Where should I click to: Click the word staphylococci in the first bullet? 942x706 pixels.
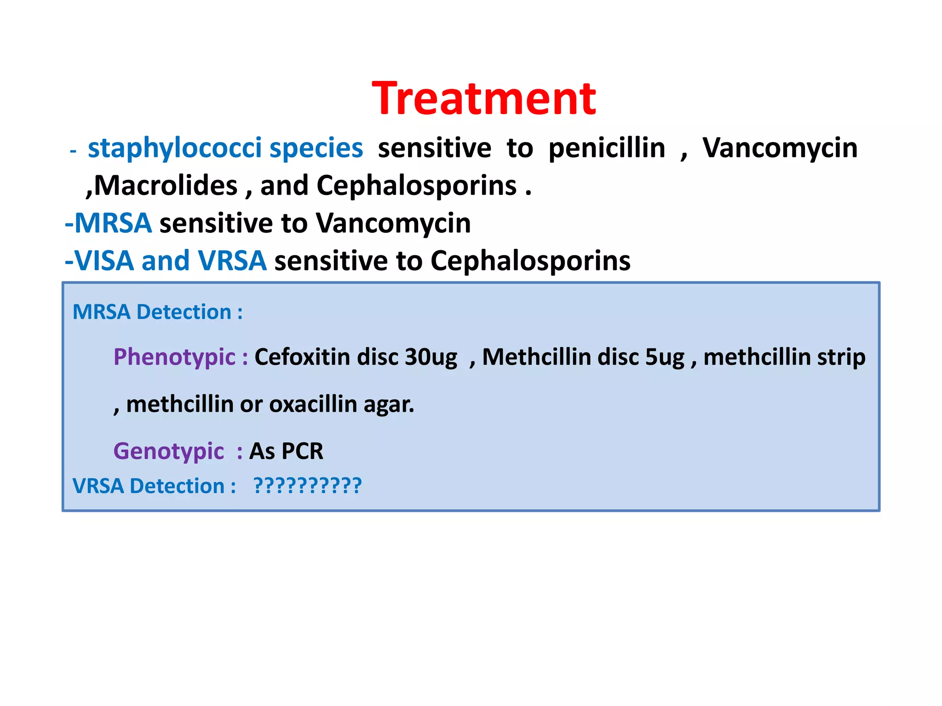(x=175, y=148)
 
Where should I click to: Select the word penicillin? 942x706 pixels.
(x=607, y=148)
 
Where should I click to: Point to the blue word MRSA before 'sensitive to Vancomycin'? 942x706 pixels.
(x=113, y=223)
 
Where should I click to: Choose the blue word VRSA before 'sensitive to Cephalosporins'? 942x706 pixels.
(x=232, y=261)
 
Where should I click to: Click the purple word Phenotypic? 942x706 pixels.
(x=175, y=357)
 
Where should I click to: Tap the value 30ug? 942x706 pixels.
(x=431, y=357)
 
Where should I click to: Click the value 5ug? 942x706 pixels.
(x=665, y=357)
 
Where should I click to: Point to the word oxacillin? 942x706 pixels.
(x=313, y=404)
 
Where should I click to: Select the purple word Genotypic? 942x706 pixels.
(x=169, y=451)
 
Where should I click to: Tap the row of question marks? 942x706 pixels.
(x=308, y=486)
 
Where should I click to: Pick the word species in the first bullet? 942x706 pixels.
(x=316, y=148)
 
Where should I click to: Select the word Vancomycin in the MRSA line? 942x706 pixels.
(x=393, y=223)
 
